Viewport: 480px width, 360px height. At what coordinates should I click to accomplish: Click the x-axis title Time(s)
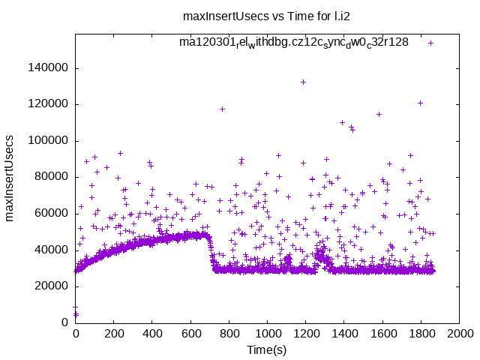(x=267, y=349)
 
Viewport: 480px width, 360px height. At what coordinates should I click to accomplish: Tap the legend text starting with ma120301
(x=293, y=42)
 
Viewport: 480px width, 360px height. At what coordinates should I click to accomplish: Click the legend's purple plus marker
(x=430, y=43)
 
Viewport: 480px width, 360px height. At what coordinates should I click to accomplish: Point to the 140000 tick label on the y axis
(x=46, y=68)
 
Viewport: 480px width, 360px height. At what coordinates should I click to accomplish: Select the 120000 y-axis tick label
(x=46, y=104)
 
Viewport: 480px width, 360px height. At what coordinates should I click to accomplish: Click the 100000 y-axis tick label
(x=46, y=141)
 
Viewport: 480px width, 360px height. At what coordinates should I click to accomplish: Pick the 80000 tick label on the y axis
(x=49, y=177)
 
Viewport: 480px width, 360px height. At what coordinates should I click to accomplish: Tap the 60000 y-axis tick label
(x=49, y=214)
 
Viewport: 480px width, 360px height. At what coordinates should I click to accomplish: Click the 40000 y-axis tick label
(x=49, y=250)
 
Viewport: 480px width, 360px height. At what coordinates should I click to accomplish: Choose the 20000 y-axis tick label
(x=49, y=286)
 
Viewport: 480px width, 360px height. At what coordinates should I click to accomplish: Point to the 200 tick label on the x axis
(x=113, y=334)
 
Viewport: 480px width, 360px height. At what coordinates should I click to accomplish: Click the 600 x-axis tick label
(x=190, y=334)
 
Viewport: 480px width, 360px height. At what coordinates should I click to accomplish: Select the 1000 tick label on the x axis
(x=267, y=334)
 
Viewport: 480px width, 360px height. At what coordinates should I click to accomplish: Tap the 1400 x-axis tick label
(x=344, y=334)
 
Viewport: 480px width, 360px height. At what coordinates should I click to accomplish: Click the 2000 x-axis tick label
(x=459, y=334)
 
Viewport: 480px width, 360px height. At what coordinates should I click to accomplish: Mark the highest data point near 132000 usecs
(x=303, y=82)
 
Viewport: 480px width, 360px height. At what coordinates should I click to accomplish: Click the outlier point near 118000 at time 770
(x=222, y=109)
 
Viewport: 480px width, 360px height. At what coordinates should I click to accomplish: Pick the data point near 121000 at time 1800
(x=421, y=103)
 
